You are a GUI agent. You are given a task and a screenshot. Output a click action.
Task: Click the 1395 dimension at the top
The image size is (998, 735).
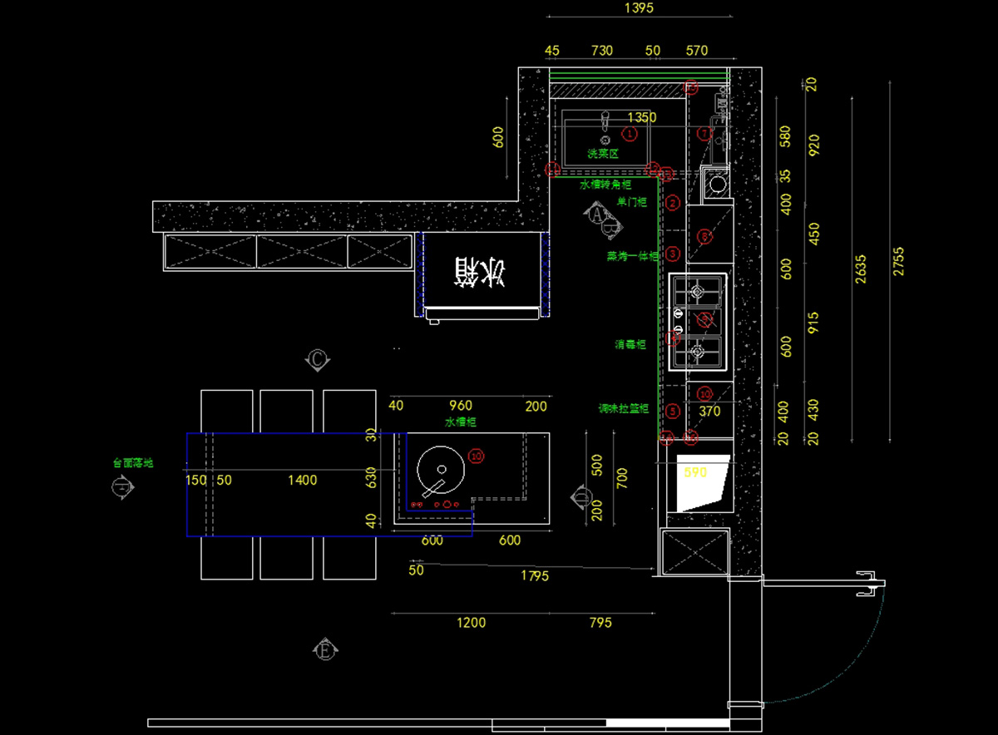(x=639, y=8)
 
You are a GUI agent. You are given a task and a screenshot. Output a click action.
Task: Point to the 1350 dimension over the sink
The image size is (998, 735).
(x=641, y=117)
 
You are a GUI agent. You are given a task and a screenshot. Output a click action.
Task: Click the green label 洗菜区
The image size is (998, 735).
(x=603, y=154)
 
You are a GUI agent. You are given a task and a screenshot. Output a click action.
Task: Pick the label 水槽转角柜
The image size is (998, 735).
(x=605, y=184)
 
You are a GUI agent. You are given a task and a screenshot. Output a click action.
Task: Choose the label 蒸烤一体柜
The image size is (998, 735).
(x=632, y=257)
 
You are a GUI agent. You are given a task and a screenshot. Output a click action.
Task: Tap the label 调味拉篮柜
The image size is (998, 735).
(x=623, y=409)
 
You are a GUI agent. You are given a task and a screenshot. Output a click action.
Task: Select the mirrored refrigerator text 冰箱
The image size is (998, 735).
(x=479, y=271)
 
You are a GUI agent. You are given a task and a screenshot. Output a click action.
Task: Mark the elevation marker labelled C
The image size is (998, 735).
(x=318, y=359)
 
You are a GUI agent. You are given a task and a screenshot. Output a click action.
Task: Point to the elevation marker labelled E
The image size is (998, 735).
(x=325, y=649)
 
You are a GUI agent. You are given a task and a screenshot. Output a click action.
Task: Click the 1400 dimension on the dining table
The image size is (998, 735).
(x=302, y=480)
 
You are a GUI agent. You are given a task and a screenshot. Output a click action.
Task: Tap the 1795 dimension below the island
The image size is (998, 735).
(x=534, y=575)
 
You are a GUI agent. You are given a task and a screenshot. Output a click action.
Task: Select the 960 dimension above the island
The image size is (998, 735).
(x=460, y=406)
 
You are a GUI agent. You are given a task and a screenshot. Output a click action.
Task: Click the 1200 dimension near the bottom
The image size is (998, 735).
(x=471, y=623)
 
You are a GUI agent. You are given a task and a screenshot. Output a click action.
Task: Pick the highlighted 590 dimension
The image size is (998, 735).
(x=694, y=472)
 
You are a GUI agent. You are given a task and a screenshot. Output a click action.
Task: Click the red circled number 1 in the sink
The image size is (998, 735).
(x=630, y=133)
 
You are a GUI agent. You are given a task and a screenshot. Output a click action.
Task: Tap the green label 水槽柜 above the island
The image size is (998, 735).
(x=461, y=422)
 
